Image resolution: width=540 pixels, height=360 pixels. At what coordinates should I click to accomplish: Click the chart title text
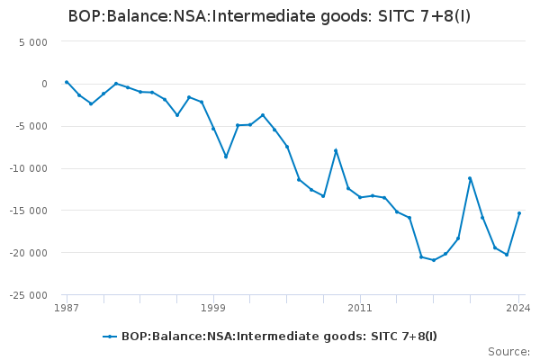point(269,16)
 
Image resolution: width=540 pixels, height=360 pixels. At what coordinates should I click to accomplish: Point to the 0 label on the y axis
point(42,84)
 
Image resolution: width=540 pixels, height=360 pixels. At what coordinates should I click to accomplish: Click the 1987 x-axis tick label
point(66,308)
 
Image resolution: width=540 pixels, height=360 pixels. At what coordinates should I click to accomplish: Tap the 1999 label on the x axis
point(213,308)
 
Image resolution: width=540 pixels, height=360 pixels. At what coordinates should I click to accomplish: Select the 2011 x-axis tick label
point(360,308)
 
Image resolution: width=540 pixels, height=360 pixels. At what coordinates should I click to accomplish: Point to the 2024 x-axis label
point(518,308)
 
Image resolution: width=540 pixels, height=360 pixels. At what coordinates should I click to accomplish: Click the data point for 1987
point(67,82)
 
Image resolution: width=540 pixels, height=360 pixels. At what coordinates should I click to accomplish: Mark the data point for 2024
point(519,213)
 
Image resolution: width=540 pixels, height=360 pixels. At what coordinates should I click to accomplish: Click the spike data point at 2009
point(336,150)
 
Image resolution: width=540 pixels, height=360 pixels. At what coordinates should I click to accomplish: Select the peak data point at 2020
point(470,178)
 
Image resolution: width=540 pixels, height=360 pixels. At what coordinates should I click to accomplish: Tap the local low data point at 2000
point(226,157)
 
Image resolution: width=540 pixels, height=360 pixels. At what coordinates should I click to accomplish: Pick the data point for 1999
point(213,129)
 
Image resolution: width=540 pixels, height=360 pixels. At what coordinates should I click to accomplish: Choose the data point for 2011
point(360,197)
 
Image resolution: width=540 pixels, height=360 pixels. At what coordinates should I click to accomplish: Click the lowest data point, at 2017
point(434,260)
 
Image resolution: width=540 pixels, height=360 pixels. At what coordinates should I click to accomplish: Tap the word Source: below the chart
point(508,351)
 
